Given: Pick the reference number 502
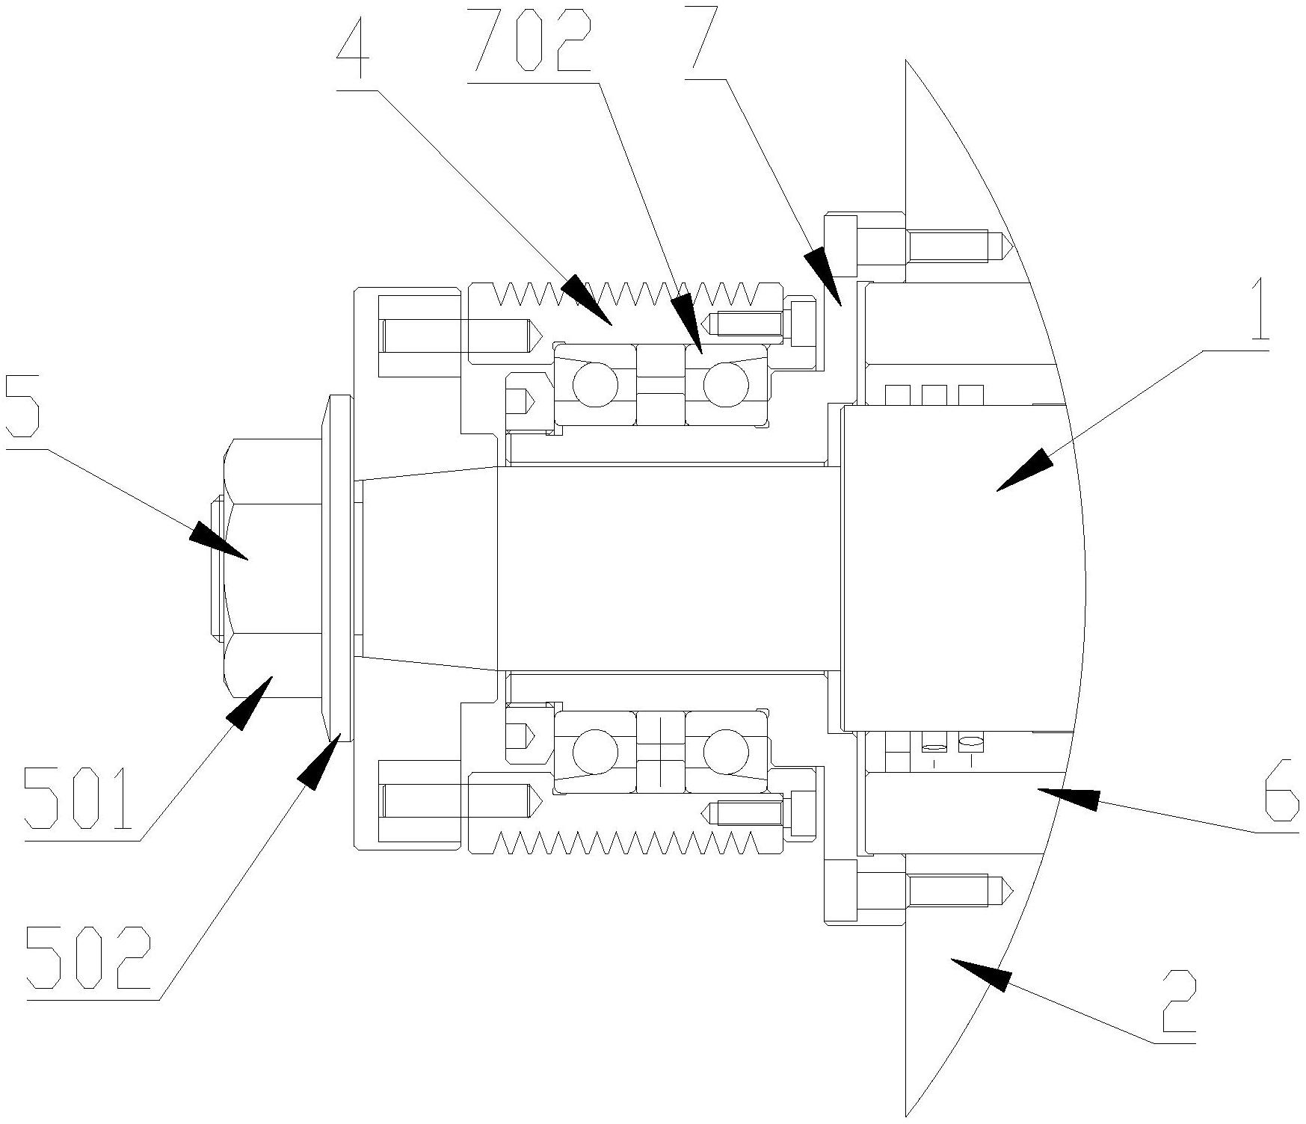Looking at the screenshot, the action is [87, 960].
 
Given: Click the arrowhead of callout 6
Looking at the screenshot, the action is [1068, 797].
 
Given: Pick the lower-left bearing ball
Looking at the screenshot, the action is [595, 751].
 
